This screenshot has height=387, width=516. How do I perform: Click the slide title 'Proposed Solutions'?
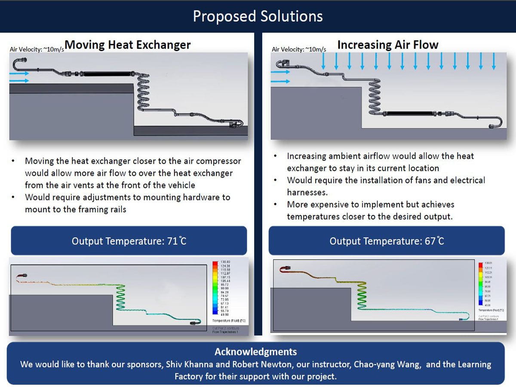(258, 16)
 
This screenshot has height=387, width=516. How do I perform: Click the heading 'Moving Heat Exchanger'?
(128, 45)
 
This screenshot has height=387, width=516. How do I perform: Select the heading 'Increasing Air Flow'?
(387, 45)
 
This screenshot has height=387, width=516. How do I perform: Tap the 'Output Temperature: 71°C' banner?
(129, 241)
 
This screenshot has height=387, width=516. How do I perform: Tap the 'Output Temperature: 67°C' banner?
(387, 241)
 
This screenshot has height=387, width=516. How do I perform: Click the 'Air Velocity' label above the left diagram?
(37, 49)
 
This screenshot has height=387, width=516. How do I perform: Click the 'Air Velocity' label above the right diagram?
(299, 49)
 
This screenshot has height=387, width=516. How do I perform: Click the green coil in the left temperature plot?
(121, 297)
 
